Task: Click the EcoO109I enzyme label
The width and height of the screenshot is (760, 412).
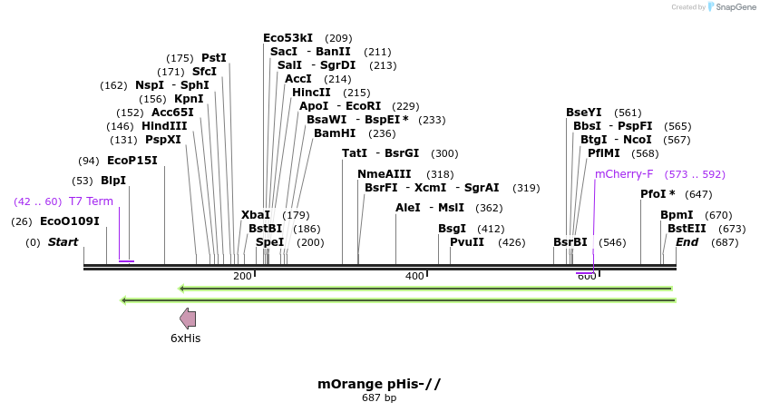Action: point(69,221)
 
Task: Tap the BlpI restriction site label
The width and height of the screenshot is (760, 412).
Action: point(113,181)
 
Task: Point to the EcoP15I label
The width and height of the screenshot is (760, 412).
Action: point(132,161)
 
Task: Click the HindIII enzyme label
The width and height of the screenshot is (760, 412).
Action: point(164,126)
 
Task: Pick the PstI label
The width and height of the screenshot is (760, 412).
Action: point(214,57)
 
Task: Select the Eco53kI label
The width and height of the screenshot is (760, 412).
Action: point(287,38)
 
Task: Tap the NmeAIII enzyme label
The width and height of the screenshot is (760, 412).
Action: point(385,174)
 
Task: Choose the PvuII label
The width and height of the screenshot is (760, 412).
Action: point(467,242)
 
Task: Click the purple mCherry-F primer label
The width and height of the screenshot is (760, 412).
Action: point(624,174)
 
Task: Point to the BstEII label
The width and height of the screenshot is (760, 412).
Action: point(687,229)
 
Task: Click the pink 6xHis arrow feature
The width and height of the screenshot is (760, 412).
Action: point(188,318)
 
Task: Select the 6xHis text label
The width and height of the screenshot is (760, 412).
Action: point(186,338)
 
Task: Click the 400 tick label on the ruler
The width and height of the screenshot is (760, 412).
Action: point(414,276)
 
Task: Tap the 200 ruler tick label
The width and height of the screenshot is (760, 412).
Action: point(242,276)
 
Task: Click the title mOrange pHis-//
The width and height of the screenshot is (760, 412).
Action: point(379,384)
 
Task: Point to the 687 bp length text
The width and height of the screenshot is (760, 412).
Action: point(379,397)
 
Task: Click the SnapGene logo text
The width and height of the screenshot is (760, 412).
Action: point(734,7)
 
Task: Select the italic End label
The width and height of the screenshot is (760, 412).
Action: point(687,242)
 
